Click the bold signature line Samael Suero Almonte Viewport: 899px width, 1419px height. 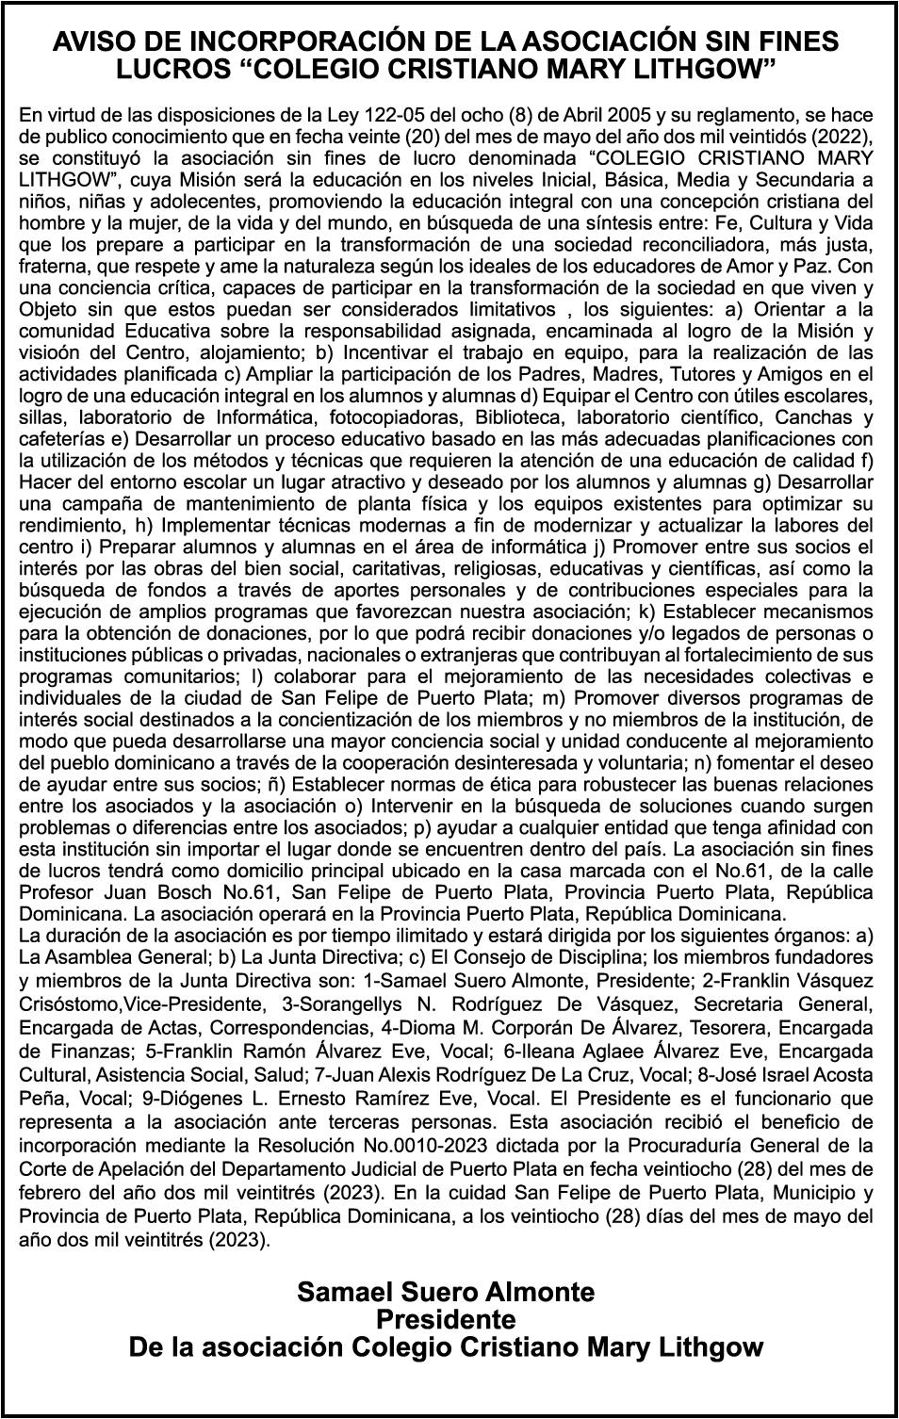(x=446, y=1292)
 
